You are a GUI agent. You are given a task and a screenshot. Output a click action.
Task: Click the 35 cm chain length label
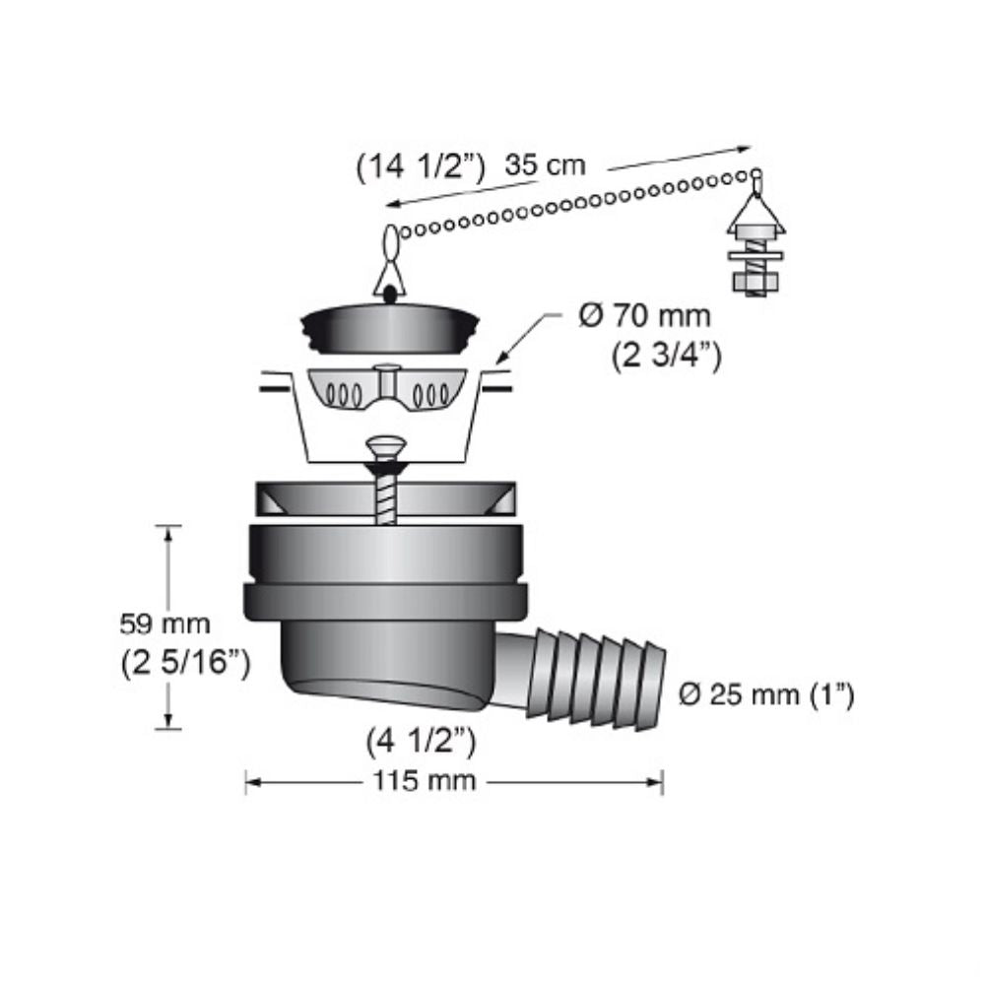click(x=545, y=165)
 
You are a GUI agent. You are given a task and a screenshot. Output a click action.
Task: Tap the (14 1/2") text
click(x=421, y=167)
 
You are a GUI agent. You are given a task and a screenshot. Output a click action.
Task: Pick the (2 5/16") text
click(x=184, y=662)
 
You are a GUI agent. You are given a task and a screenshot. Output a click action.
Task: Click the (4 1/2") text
click(x=424, y=740)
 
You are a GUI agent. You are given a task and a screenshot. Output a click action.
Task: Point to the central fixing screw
click(x=385, y=483)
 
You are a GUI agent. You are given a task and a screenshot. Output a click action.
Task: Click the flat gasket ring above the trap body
click(x=385, y=498)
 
